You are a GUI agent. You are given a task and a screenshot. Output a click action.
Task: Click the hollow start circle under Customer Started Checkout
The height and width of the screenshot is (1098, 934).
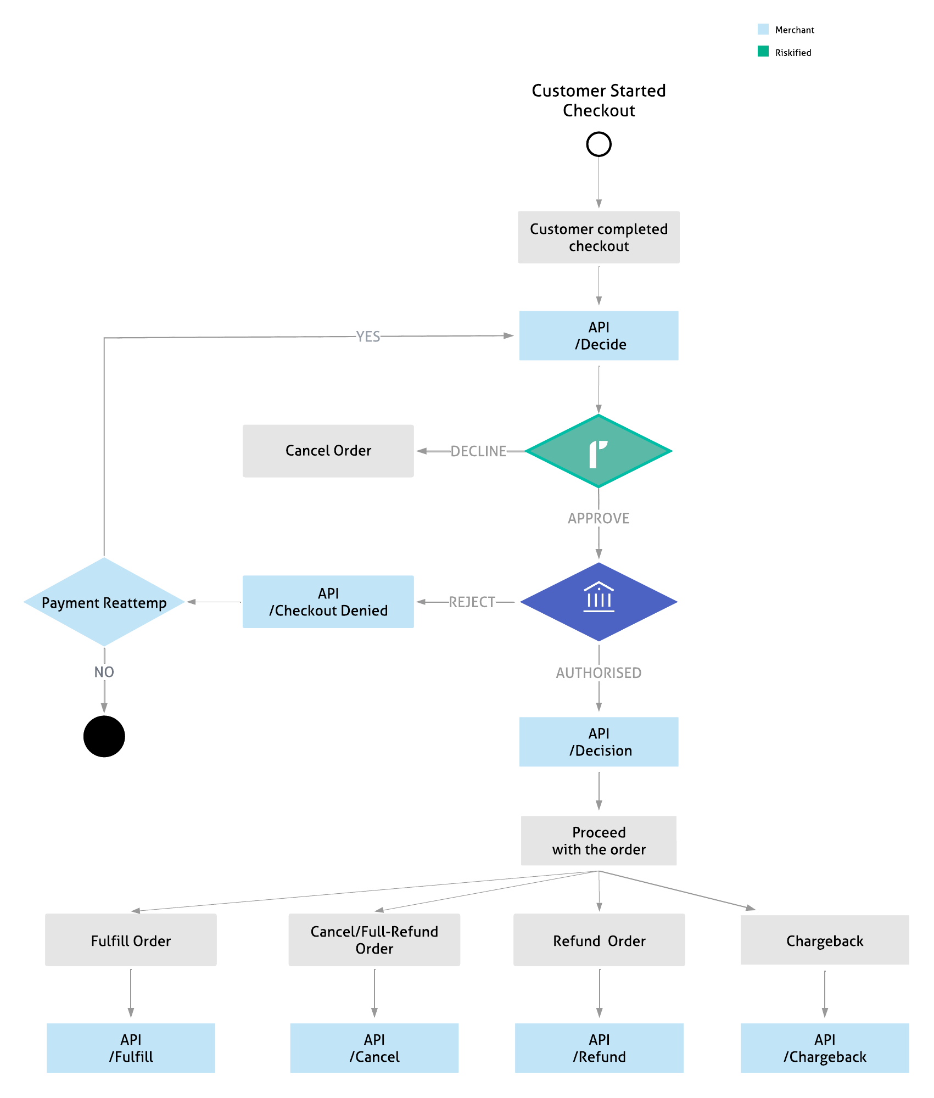pos(599,144)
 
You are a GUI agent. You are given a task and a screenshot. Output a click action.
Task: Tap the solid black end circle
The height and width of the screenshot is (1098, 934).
pos(104,736)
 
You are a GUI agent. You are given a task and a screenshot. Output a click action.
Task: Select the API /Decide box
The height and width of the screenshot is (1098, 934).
pos(599,335)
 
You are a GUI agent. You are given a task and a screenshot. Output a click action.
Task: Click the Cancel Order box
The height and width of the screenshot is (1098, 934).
pos(328,451)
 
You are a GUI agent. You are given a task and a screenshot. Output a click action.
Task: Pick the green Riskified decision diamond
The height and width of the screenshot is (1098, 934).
pos(599,451)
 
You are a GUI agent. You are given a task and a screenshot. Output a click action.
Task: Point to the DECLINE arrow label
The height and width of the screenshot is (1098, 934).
pos(478,451)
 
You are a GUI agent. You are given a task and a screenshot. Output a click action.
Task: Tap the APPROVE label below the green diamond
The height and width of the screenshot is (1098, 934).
pos(599,518)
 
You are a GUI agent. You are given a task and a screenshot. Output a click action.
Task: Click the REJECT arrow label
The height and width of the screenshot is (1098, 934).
pos(472,602)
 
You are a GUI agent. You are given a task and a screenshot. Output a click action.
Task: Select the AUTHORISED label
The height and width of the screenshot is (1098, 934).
pos(599,673)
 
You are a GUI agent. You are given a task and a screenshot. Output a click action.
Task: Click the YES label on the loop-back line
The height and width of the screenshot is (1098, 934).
pos(368,337)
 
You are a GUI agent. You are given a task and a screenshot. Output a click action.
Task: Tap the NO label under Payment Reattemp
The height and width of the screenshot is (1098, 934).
pos(104,672)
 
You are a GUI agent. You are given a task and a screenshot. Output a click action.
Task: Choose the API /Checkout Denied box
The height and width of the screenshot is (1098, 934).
pos(328,602)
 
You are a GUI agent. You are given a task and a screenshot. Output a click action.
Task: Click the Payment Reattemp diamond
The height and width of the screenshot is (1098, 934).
pos(104,602)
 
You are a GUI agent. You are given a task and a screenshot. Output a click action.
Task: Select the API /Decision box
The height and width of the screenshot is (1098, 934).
pos(599,742)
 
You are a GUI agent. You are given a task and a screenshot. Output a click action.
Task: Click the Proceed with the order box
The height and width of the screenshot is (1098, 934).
pos(599,841)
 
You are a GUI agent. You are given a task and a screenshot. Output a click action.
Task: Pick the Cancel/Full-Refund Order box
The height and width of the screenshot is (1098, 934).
pos(374,940)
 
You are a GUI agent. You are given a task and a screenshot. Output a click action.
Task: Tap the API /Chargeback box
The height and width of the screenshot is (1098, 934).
pos(824,1048)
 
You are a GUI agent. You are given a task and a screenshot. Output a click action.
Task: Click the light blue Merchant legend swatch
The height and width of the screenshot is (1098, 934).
pos(763,29)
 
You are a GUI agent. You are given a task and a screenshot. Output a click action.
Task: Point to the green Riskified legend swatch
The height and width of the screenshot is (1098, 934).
pos(763,52)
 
